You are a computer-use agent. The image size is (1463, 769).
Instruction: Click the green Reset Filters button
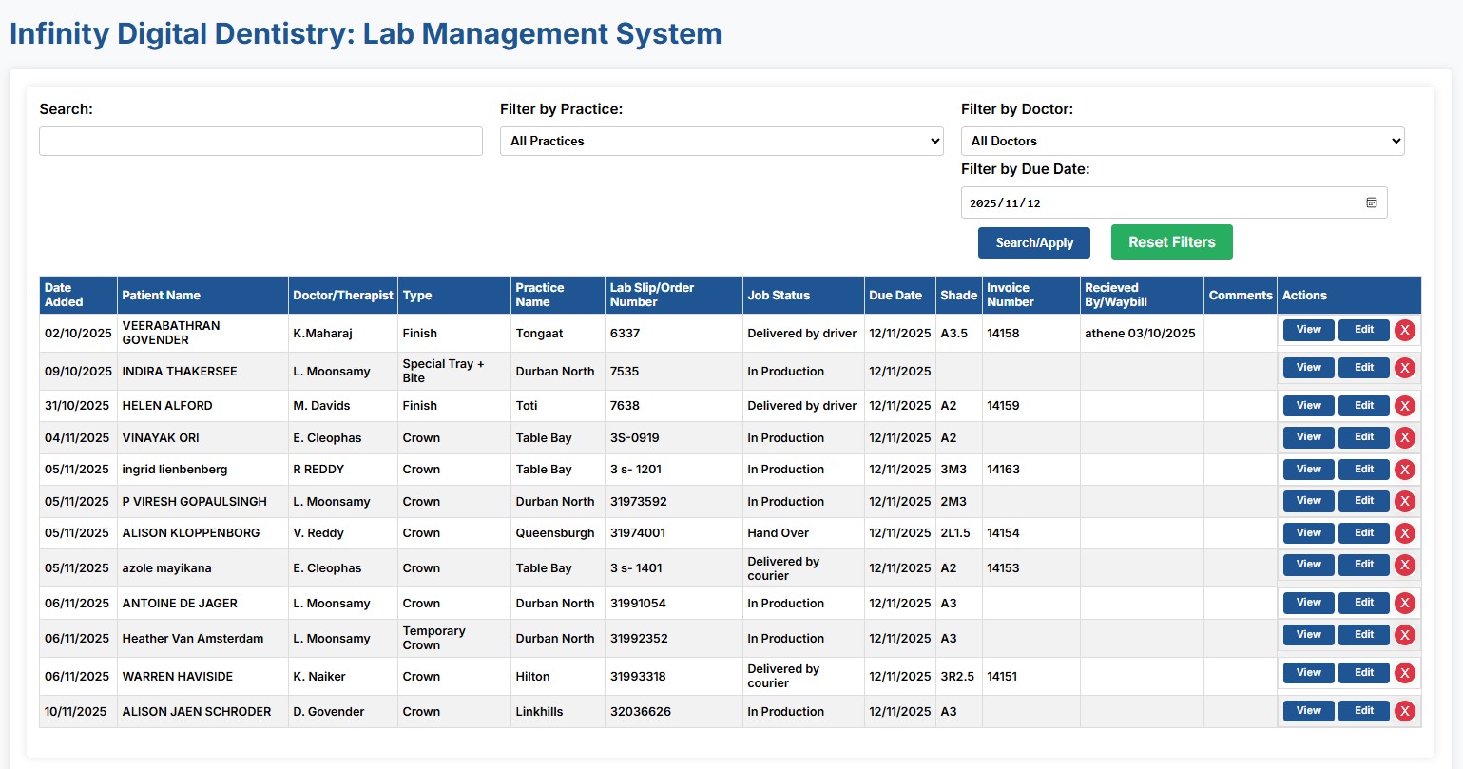click(x=1171, y=242)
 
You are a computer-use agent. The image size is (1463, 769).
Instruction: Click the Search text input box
click(x=260, y=142)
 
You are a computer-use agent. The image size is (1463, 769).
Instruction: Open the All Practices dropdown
click(x=722, y=142)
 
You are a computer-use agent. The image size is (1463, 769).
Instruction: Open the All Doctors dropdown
click(x=1183, y=142)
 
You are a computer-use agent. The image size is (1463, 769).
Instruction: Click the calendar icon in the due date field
click(x=1372, y=202)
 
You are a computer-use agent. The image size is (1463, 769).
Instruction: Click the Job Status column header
click(x=779, y=296)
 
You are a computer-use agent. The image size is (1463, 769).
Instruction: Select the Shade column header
click(x=958, y=296)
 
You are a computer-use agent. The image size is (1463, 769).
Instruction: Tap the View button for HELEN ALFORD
click(x=1308, y=406)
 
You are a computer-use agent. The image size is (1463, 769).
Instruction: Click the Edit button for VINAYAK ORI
click(x=1363, y=437)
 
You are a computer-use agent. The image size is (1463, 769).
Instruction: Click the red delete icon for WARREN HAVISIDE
click(x=1405, y=673)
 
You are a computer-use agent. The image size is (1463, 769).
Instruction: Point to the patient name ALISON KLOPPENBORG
click(x=190, y=533)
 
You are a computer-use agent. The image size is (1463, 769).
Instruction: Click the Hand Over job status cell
click(x=779, y=533)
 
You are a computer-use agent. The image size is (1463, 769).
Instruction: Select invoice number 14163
click(x=1003, y=470)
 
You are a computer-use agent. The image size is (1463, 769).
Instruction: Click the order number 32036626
click(x=640, y=712)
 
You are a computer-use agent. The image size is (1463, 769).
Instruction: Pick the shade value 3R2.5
click(x=957, y=677)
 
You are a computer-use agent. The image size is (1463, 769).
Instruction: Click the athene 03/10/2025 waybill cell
click(x=1140, y=334)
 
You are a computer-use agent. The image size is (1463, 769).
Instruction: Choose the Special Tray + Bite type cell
click(x=443, y=371)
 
